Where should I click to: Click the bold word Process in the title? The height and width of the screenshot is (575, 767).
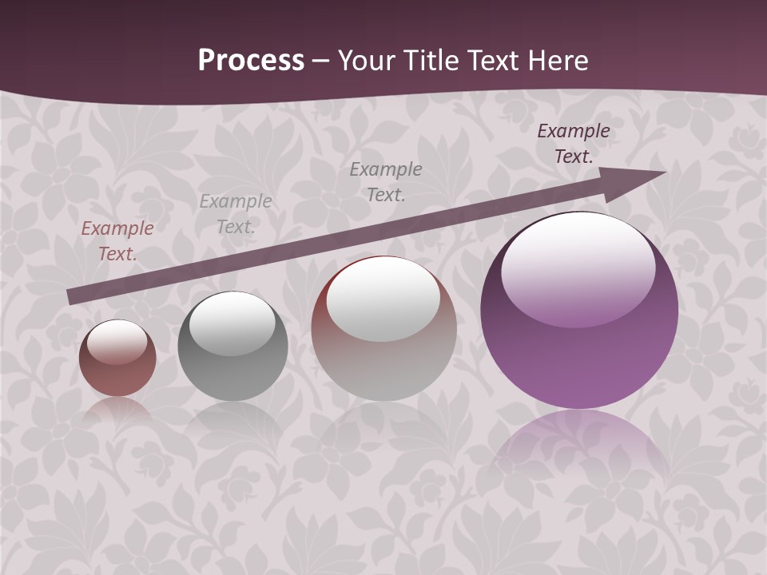pyautogui.click(x=251, y=61)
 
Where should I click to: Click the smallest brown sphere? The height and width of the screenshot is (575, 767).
pyautogui.click(x=117, y=359)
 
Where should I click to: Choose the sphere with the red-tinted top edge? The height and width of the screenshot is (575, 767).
pyautogui.click(x=383, y=328)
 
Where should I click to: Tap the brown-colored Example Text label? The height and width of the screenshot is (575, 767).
pyautogui.click(x=117, y=240)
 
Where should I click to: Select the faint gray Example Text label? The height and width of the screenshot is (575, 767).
pyautogui.click(x=235, y=214)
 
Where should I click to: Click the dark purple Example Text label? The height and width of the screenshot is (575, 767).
pyautogui.click(x=574, y=144)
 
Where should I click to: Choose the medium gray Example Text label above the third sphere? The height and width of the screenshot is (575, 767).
pyautogui.click(x=386, y=181)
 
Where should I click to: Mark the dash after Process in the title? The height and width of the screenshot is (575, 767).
pyautogui.click(x=321, y=61)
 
